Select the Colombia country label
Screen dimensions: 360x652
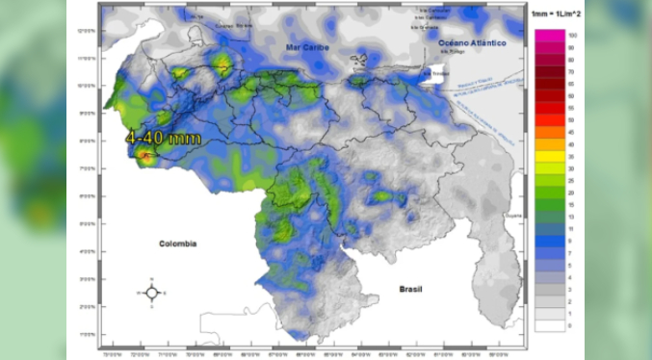click(x=178, y=244)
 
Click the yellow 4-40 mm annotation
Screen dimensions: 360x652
click(x=164, y=139)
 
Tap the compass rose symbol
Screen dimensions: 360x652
click(x=151, y=292)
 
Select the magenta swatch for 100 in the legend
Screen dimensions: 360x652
click(x=551, y=35)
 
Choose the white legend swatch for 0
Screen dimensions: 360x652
click(x=551, y=326)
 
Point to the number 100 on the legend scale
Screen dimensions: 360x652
click(x=572, y=35)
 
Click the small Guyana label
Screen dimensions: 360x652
click(x=511, y=217)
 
